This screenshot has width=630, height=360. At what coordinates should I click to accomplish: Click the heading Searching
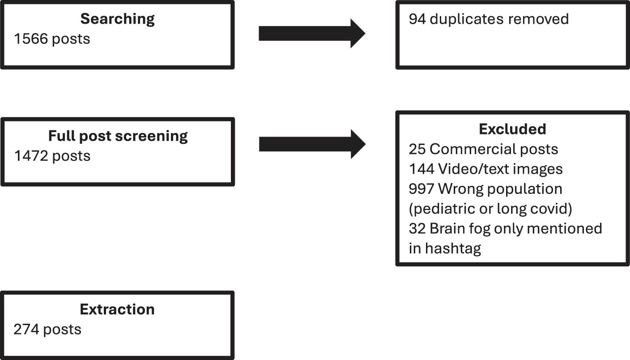(117, 19)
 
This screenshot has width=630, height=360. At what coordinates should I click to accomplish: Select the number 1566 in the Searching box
(31, 39)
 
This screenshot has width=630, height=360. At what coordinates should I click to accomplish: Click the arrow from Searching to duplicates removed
(312, 34)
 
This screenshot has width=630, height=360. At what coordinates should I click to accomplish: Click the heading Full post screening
(118, 136)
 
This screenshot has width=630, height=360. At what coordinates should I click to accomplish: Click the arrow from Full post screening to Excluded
(312, 144)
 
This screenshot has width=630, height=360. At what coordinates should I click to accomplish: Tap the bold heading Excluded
(512, 129)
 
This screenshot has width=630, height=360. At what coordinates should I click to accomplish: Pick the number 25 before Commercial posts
(417, 149)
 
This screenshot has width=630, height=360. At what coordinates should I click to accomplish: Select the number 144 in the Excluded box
(421, 169)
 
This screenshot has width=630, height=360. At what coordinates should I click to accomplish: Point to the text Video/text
(476, 169)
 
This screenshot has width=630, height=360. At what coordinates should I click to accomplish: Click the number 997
(421, 189)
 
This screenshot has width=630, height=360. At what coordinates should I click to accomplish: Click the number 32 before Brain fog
(417, 228)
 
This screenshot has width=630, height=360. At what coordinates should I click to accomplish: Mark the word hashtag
(453, 248)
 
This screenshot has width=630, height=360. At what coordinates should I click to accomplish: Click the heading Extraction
(117, 309)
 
